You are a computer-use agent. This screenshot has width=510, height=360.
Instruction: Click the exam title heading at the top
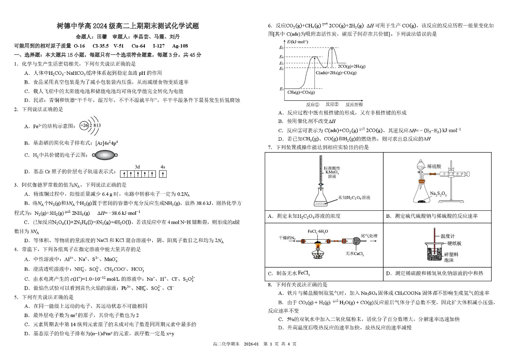(128, 26)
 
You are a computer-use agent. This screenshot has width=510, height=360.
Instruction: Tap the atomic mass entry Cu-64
(138, 46)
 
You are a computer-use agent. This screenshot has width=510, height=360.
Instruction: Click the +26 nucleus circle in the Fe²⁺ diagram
(84, 126)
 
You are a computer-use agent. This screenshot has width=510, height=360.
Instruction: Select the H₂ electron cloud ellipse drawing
(105, 155)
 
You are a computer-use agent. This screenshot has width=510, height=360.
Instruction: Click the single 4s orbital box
(163, 174)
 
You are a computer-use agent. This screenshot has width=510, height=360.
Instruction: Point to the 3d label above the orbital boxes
(137, 167)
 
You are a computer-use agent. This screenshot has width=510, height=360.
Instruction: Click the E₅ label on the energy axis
(281, 47)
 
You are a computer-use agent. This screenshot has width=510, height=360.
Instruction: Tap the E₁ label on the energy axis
(281, 89)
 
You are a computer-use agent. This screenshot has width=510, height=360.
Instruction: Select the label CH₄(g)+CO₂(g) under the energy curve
(301, 93)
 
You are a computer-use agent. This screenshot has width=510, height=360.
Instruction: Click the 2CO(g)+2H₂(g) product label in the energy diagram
(351, 67)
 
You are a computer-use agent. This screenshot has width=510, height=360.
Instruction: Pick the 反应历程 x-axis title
(354, 104)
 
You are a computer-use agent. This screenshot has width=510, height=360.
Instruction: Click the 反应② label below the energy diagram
(332, 104)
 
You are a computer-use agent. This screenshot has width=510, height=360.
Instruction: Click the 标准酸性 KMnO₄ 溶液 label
(332, 172)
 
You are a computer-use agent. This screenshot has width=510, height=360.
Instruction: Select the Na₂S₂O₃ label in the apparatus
(438, 194)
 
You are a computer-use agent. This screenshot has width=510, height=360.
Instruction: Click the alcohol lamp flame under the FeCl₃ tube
(317, 246)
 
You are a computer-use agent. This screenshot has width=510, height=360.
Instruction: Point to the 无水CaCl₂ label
(355, 254)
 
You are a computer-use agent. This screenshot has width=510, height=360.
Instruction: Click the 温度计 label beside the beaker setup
(447, 236)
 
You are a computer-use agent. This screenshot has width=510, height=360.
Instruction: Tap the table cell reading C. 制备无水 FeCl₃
(324, 274)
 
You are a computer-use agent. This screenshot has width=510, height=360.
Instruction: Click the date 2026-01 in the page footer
(251, 344)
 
